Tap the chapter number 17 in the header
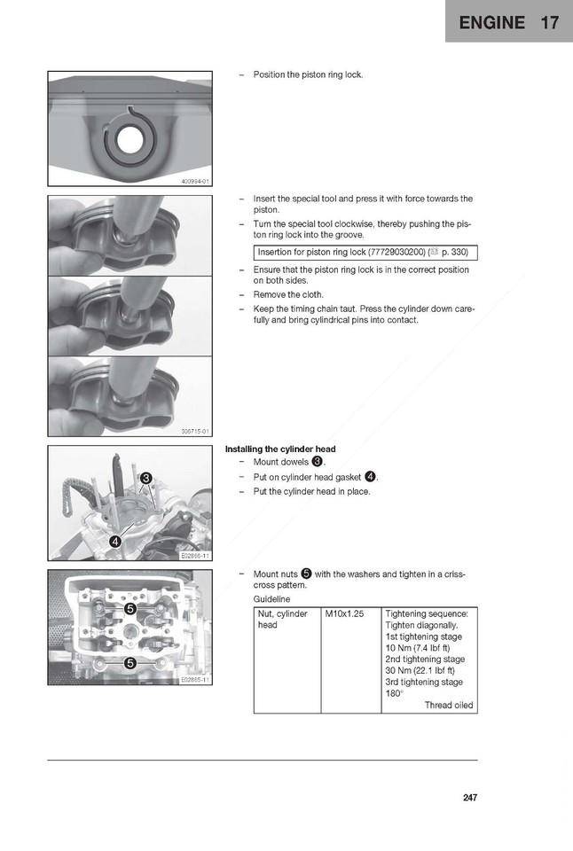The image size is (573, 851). click(549, 22)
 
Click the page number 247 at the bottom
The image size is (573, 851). click(469, 798)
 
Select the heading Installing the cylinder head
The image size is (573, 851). click(280, 449)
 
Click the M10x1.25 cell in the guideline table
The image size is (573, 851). click(342, 613)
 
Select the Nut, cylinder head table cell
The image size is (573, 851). click(283, 619)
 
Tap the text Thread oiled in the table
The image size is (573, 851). click(449, 706)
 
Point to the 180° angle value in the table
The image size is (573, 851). click(395, 694)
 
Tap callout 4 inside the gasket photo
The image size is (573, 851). click(115, 542)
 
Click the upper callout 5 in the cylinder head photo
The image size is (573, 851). click(130, 609)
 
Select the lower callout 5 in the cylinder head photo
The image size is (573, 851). click(130, 662)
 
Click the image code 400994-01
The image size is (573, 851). click(194, 181)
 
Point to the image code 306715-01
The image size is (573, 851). click(194, 432)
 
